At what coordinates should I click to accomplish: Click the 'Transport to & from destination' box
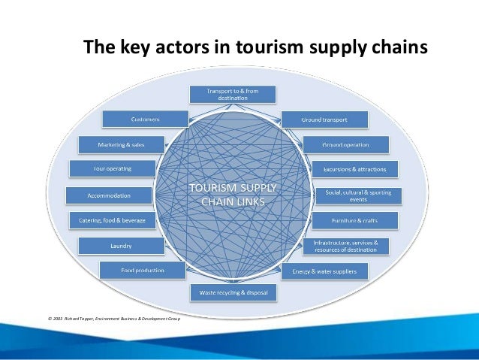click(x=233, y=94)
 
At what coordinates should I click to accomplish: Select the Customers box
click(x=145, y=119)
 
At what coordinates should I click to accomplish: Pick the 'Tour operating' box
click(x=113, y=168)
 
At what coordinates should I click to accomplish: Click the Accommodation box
click(x=110, y=195)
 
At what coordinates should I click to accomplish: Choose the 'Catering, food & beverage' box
click(x=113, y=220)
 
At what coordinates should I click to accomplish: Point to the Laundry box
click(x=121, y=245)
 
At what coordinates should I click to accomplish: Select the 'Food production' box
click(x=143, y=269)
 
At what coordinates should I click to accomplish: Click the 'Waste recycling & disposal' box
click(x=233, y=290)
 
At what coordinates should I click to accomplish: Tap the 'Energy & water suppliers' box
click(x=324, y=270)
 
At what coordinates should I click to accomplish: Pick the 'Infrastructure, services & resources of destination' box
click(x=351, y=245)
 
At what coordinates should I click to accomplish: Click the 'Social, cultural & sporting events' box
click(x=357, y=195)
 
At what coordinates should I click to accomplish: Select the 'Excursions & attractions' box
click(x=355, y=169)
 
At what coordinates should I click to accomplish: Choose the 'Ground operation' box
click(x=345, y=144)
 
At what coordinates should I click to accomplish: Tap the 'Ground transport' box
click(x=324, y=119)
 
